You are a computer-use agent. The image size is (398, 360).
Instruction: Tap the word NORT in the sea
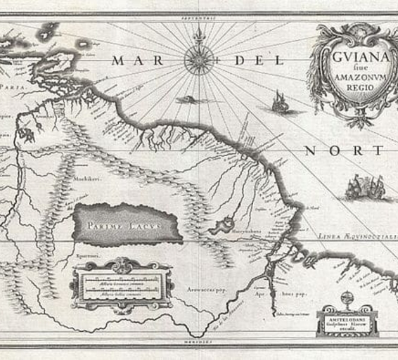[345, 150]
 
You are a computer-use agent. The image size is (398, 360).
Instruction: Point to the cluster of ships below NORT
[364, 187]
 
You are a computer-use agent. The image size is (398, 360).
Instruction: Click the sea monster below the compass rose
[191, 101]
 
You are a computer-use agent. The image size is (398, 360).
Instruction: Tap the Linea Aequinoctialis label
[355, 238]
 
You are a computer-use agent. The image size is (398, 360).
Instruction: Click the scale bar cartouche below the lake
[121, 285]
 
